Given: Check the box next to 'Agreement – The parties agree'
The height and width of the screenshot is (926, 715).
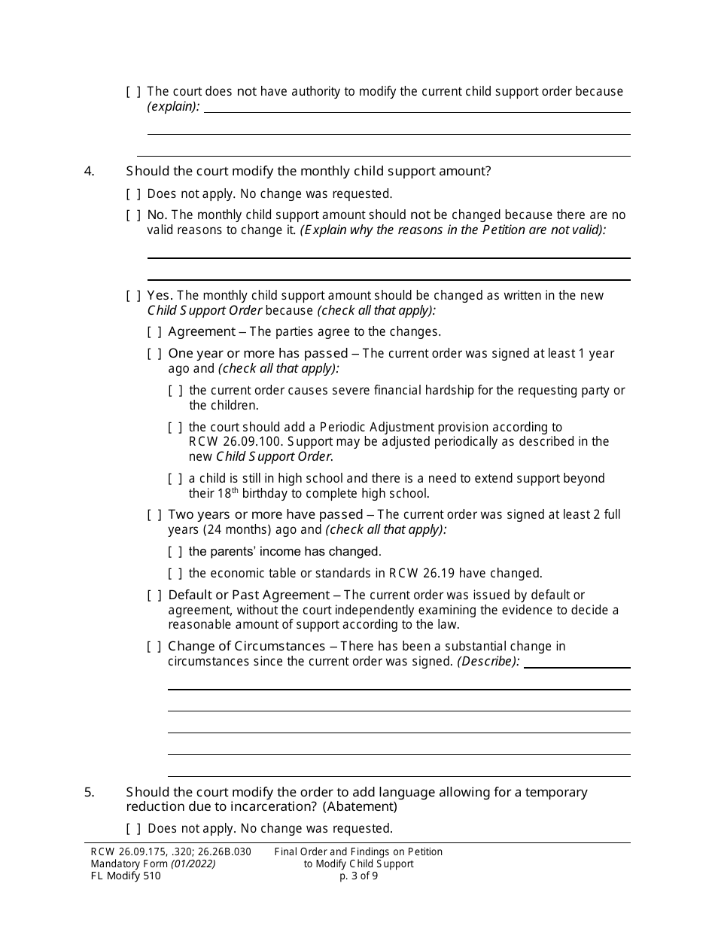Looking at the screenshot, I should [154, 332].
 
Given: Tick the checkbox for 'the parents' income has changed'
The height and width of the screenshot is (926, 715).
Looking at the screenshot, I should [175, 552].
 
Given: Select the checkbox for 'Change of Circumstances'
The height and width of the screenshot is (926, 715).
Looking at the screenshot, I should [154, 647].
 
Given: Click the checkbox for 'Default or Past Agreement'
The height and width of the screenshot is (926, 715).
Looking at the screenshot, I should [154, 596].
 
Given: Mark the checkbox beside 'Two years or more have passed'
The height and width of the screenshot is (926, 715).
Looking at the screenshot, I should [154, 515].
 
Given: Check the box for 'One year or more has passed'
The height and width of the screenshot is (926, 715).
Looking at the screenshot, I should [154, 354].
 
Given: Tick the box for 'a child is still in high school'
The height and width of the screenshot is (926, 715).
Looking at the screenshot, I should [175, 479].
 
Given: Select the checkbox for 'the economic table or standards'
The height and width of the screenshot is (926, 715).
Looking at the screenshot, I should [175, 574].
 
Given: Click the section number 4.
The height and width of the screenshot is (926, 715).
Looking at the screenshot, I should [89, 172].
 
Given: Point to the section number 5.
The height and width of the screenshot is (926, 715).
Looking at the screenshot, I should [89, 792].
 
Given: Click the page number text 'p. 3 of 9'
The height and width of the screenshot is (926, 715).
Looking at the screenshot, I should [358, 876].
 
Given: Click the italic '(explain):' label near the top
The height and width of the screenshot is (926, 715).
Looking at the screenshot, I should [173, 106].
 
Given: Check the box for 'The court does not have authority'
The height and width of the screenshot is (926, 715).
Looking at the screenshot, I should [133, 92].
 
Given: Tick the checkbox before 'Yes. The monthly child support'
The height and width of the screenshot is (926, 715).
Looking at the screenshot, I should [133, 296].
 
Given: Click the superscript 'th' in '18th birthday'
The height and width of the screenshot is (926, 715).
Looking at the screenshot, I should [235, 491].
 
